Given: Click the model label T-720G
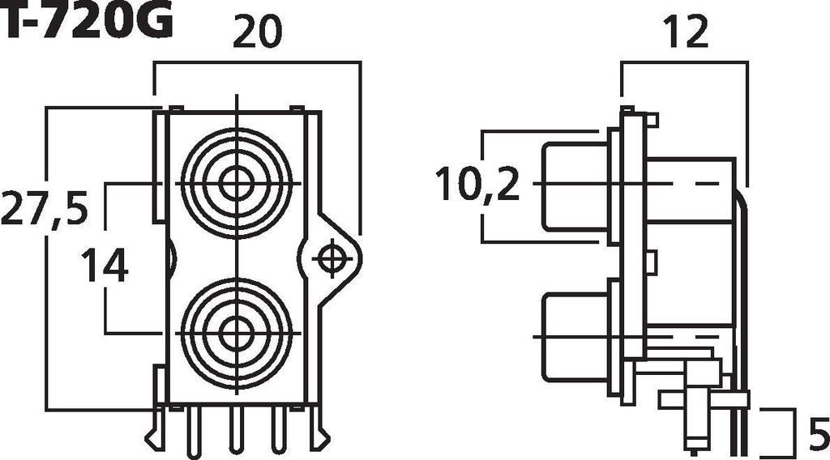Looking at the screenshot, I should (x=86, y=22).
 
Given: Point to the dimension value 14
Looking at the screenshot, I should (x=105, y=266).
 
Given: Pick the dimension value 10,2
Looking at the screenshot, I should (x=477, y=185).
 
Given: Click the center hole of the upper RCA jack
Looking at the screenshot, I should (x=236, y=184).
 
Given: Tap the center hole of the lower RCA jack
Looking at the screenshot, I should (x=236, y=332).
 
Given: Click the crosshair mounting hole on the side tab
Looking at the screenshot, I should (x=330, y=258).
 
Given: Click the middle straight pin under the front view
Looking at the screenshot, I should (x=236, y=429).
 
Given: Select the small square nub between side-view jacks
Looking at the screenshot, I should (x=651, y=261).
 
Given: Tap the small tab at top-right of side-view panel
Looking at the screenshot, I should (x=652, y=120).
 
